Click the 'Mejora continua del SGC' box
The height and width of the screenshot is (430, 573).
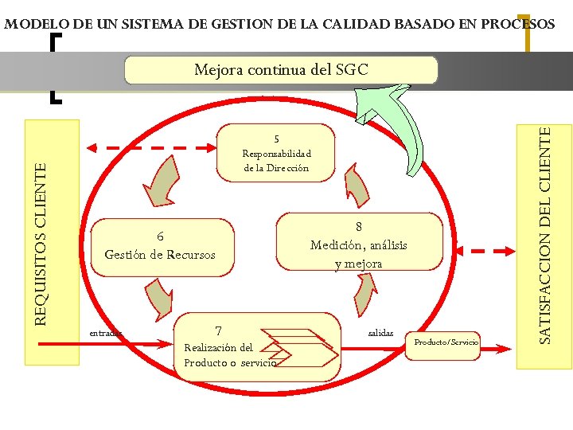coord(281,70)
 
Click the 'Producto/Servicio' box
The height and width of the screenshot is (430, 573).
coord(446,342)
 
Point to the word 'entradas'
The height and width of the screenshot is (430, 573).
coord(107,333)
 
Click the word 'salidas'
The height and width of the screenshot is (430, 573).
coord(380,332)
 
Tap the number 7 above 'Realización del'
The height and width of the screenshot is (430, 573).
coord(218,330)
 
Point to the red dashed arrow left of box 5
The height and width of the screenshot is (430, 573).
coord(151,147)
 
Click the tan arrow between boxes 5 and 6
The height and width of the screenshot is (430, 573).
coord(165,180)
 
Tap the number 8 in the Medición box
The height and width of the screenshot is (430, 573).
coord(359,227)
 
